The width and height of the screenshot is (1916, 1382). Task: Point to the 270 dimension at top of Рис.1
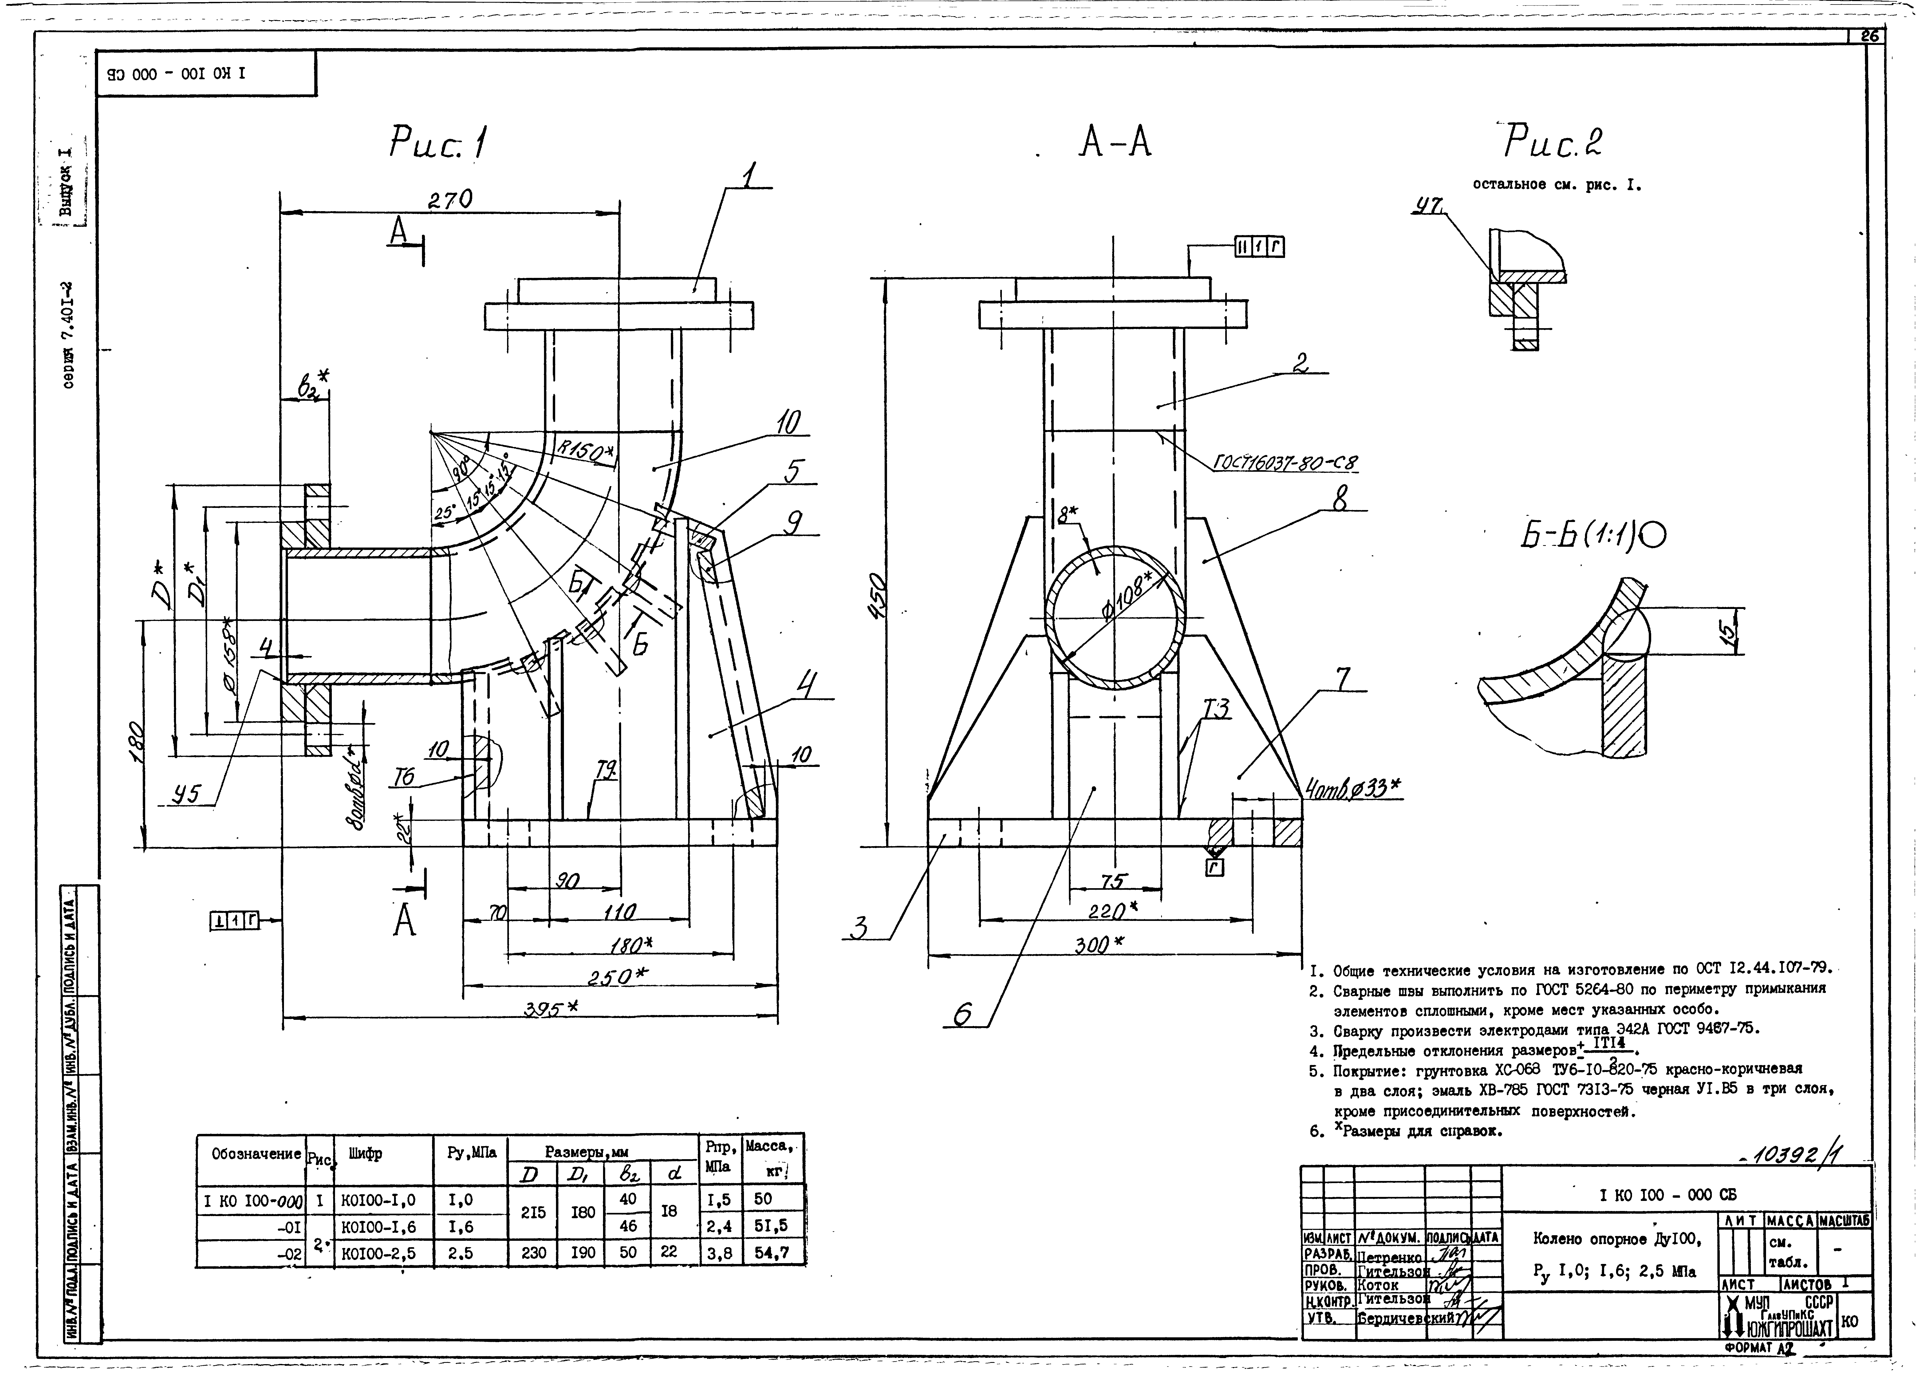click(x=449, y=200)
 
